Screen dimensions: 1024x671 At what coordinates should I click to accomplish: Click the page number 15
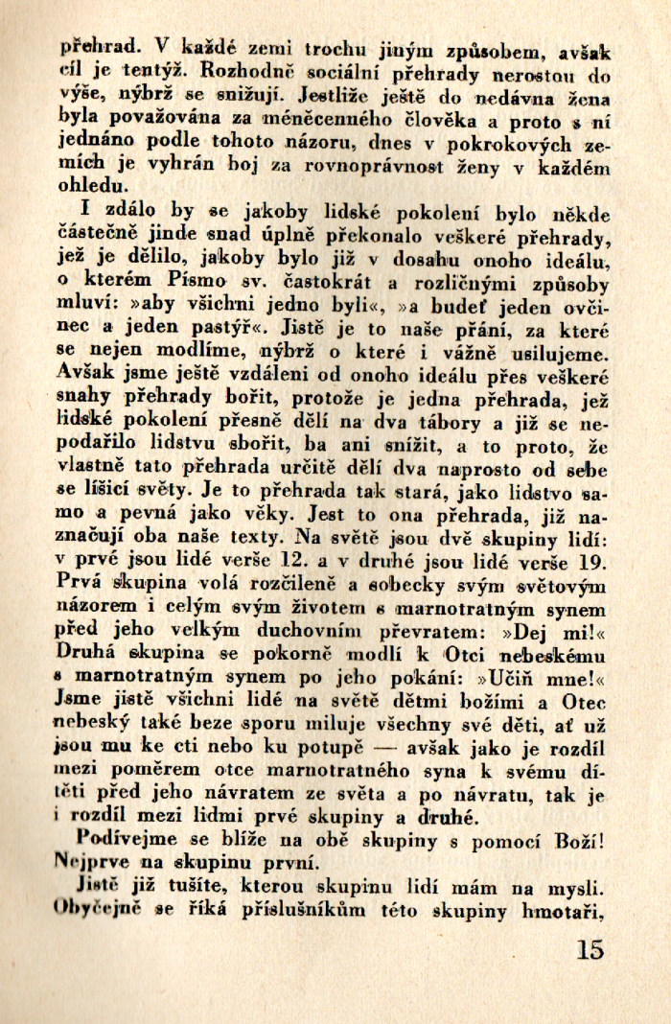click(591, 950)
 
